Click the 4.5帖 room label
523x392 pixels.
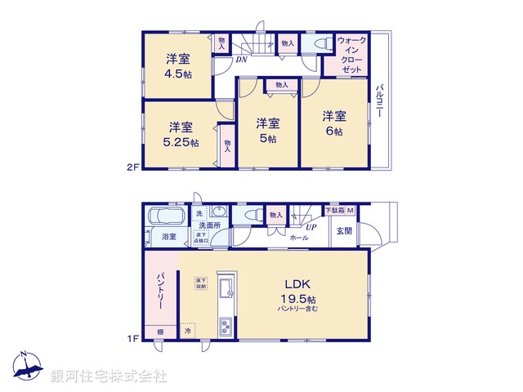[178, 65]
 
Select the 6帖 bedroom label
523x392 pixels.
[331, 123]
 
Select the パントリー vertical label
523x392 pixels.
[161, 290]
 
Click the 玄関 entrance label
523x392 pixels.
[343, 231]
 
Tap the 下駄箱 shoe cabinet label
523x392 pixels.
[334, 210]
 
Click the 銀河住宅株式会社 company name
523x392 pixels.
[109, 376]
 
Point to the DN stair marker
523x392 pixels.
[243, 60]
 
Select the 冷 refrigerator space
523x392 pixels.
[187, 332]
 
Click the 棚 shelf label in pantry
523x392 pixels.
[160, 332]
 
